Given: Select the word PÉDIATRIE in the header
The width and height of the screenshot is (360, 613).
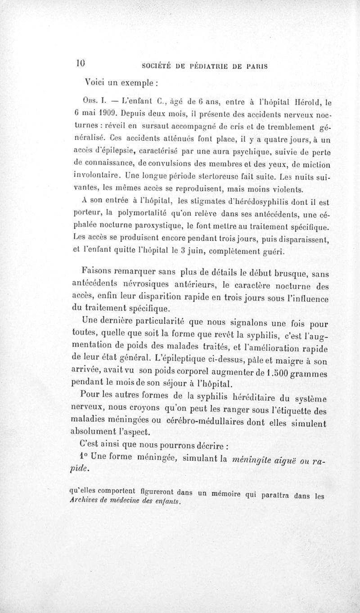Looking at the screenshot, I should click(207, 66).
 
